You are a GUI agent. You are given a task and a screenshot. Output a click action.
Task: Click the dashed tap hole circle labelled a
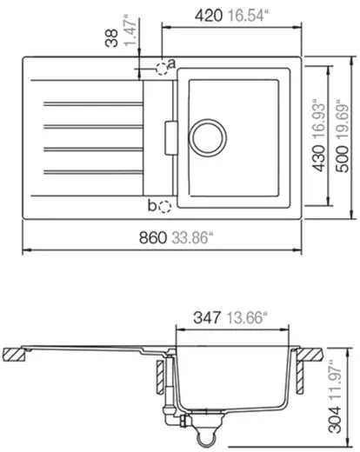(161, 68)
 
